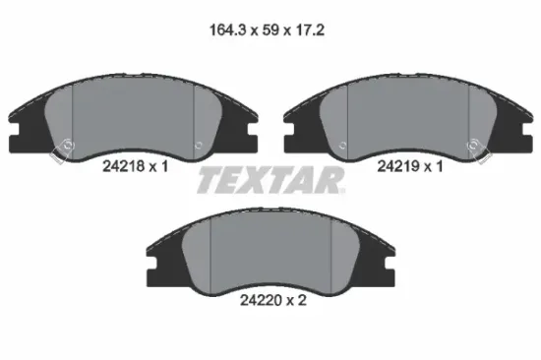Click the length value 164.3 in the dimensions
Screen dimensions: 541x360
pyautogui.click(x=228, y=30)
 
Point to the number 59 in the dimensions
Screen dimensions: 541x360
pyautogui.click(x=270, y=30)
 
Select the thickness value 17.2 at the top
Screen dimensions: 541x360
pyautogui.click(x=310, y=30)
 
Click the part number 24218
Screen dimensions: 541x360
pyautogui.click(x=124, y=166)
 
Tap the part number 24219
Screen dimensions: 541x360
pyautogui.click(x=398, y=166)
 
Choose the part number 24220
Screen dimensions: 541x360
pyautogui.click(x=262, y=301)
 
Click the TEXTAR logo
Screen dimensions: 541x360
pyautogui.click(x=270, y=180)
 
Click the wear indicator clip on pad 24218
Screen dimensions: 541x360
pyautogui.click(x=62, y=150)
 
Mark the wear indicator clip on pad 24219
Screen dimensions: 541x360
pyautogui.click(x=479, y=150)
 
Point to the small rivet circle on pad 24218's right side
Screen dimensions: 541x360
pyautogui.click(x=199, y=145)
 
